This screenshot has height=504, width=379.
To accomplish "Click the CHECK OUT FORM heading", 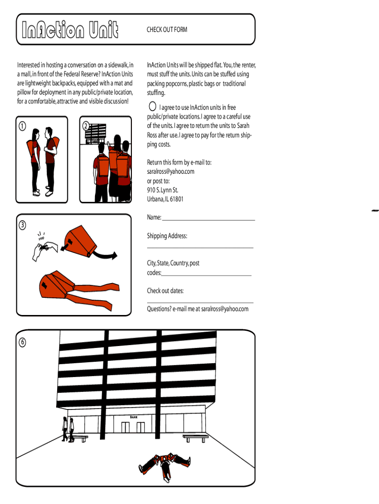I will [x=167, y=30].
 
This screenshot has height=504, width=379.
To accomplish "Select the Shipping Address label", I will [x=167, y=236].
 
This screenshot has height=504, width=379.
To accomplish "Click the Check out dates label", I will [x=165, y=291].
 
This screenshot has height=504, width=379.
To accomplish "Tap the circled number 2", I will [x=86, y=126].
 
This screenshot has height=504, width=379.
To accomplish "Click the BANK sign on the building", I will [x=134, y=417].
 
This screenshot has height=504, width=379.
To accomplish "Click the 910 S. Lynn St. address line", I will [x=162, y=190].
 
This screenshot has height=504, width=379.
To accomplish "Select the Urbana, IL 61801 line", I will [x=165, y=199].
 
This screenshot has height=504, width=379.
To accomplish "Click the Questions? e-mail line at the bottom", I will [x=198, y=309].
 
